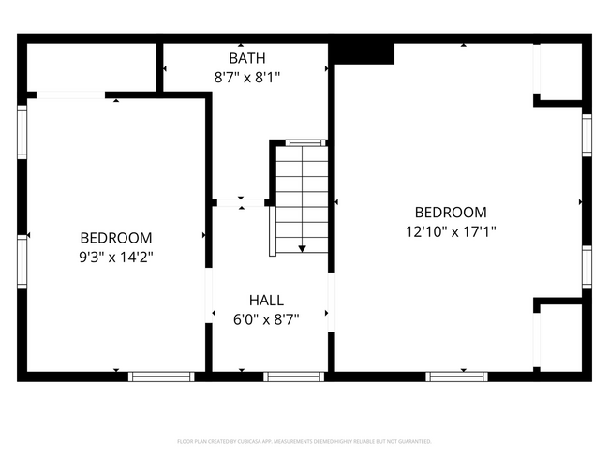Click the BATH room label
coord(246,58)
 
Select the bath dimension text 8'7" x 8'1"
coord(246,78)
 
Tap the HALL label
coord(266,300)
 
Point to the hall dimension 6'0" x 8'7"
coord(266,319)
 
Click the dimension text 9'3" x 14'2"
coord(115,257)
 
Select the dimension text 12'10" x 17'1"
coord(451,231)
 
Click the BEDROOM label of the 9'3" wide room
coord(115,238)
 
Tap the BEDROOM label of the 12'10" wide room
coord(451,213)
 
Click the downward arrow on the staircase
coord(302,247)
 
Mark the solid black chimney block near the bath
coord(364,52)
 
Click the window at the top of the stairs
coord(301,143)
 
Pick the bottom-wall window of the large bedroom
coord(456,376)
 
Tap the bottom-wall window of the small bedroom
coord(160,376)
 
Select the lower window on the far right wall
coord(587,266)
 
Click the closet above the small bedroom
coord(90,66)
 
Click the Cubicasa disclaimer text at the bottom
coord(304,441)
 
